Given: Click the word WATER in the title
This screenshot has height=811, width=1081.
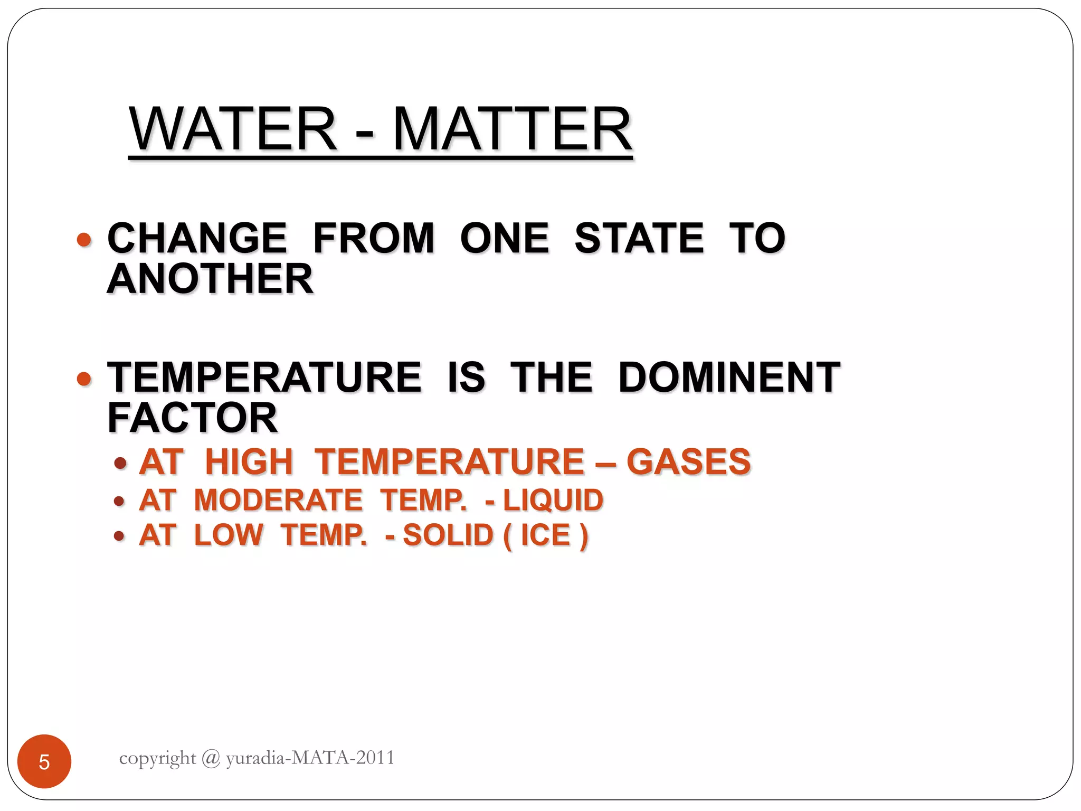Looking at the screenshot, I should tap(232, 129).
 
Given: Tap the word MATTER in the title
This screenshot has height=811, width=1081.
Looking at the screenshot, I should tap(512, 129).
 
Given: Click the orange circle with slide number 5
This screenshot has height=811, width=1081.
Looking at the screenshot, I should tap(44, 761).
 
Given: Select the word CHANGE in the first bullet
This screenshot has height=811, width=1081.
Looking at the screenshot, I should tap(197, 238).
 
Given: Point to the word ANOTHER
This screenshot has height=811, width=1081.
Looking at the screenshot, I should tap(210, 279).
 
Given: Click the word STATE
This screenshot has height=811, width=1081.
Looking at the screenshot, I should tap(639, 238).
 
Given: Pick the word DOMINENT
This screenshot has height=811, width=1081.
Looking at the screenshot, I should tap(729, 378).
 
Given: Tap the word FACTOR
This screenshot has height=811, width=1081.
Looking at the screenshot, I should tap(193, 418).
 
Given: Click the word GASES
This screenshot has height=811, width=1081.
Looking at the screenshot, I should tap(688, 462).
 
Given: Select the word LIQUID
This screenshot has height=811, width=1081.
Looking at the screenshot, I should tap(553, 500).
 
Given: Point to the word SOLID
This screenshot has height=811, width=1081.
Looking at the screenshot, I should tap(448, 535).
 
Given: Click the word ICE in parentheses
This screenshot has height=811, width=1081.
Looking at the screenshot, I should tap(546, 535).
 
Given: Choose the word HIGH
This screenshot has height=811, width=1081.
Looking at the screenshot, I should tap(249, 462).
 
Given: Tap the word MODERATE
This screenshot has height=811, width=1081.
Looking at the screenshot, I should tap(278, 500).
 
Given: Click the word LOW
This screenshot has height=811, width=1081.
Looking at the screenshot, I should tap(229, 535).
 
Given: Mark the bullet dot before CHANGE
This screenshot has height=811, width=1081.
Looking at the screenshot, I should tap(84, 240).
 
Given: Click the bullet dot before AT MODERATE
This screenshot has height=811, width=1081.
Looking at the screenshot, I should tap(119, 501).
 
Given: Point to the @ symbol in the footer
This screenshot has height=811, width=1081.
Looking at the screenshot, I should tap(211, 758).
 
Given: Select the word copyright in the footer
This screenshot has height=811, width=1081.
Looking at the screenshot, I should tap(157, 759).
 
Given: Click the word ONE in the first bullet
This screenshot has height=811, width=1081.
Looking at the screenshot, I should tap(504, 238).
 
